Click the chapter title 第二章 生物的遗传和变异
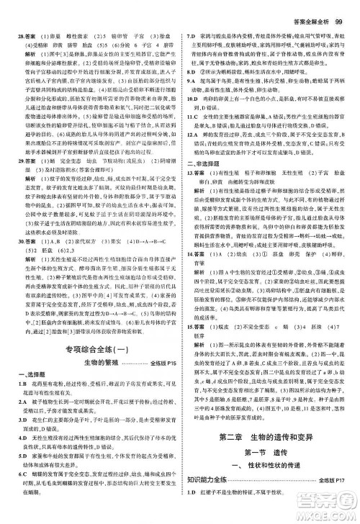click(x=268, y=439)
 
